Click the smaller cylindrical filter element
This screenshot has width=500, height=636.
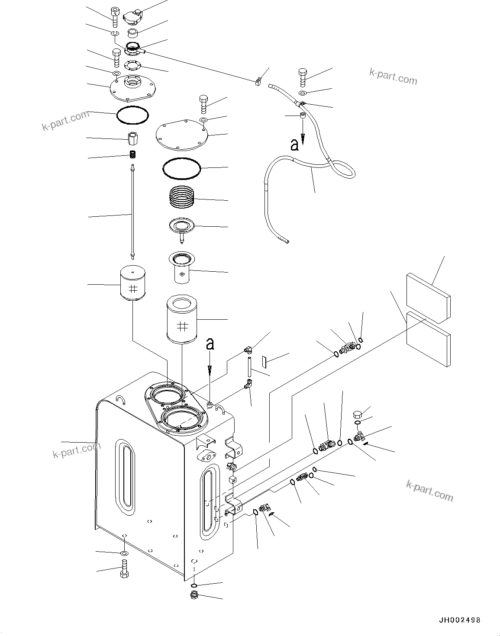click(132, 283)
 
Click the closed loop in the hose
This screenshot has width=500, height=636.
click(344, 167)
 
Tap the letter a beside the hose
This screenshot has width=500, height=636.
click(295, 145)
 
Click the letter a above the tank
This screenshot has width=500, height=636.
click(210, 344)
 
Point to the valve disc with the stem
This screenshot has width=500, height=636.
click(182, 228)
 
